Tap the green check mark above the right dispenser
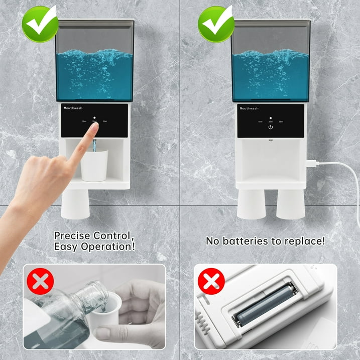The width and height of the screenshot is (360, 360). click(x=215, y=23)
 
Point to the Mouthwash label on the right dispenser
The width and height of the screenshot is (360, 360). click(x=250, y=108)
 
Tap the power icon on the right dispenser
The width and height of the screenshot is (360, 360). click(x=271, y=127)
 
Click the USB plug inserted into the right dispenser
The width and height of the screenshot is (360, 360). click(x=310, y=164)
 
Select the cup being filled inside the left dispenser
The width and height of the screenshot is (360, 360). click(x=94, y=165)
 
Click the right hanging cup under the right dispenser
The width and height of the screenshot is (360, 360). click(x=290, y=203)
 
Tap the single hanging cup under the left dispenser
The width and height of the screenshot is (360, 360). click(x=75, y=203)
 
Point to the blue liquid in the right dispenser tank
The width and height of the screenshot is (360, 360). click(x=270, y=73)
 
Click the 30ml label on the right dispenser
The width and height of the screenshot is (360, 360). click(x=281, y=122)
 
